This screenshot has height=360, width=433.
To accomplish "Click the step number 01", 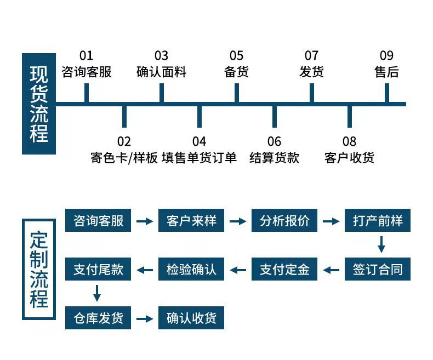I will [87, 55].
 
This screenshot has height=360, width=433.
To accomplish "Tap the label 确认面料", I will [161, 72].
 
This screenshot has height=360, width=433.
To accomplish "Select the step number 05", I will [236, 55].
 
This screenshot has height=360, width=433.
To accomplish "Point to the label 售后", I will [386, 72].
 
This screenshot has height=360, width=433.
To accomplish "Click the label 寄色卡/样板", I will [124, 158].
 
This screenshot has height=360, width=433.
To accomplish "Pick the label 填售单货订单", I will [199, 158].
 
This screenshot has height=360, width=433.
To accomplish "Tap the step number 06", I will [274, 142].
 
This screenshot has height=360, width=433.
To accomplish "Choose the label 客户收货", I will [349, 158].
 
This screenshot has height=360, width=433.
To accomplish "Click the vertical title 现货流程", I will [39, 104].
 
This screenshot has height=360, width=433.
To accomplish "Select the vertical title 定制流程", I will [39, 269].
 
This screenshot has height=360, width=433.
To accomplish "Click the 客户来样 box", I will [191, 221].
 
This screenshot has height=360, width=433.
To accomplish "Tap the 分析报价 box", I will [284, 221].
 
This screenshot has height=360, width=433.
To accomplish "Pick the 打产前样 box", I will [378, 221].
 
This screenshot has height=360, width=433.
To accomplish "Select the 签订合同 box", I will [378, 269].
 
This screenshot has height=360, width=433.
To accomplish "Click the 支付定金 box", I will [284, 269].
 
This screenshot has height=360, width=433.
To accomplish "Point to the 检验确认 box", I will [191, 269].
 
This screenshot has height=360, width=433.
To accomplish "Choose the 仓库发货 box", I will [98, 318].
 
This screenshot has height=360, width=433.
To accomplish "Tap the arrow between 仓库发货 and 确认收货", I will [145, 318].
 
